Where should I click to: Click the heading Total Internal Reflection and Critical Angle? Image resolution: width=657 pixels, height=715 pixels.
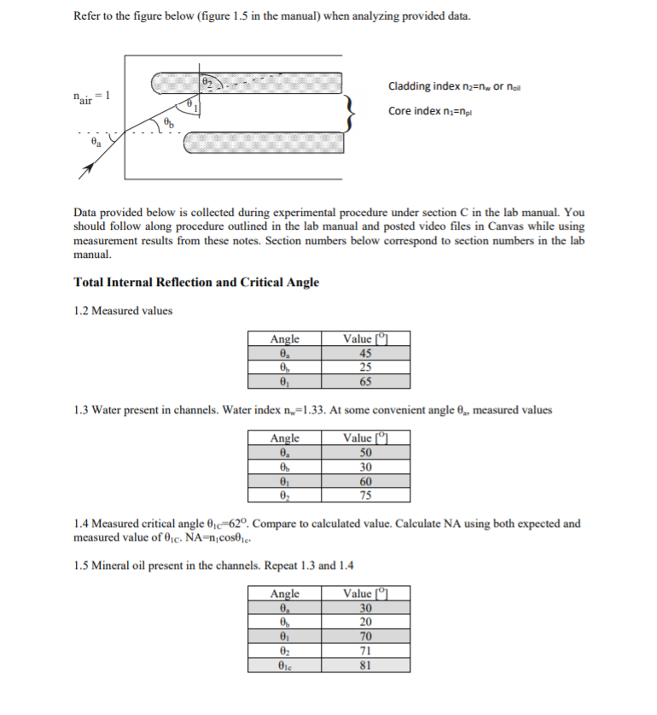tap(196, 282)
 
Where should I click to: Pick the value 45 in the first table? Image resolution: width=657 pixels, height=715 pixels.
tap(365, 355)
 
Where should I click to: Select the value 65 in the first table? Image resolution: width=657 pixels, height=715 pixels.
tap(365, 382)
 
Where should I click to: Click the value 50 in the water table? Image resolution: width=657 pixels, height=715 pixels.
tap(365, 454)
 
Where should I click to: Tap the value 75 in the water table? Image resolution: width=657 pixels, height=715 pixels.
tap(365, 495)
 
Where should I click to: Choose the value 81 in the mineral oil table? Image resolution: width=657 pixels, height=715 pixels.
tap(365, 664)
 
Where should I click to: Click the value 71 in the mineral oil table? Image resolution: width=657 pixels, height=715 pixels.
tap(365, 650)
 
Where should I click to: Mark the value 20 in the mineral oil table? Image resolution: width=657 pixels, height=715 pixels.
tap(365, 623)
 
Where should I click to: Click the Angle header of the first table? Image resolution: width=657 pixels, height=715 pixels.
tap(284, 340)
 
